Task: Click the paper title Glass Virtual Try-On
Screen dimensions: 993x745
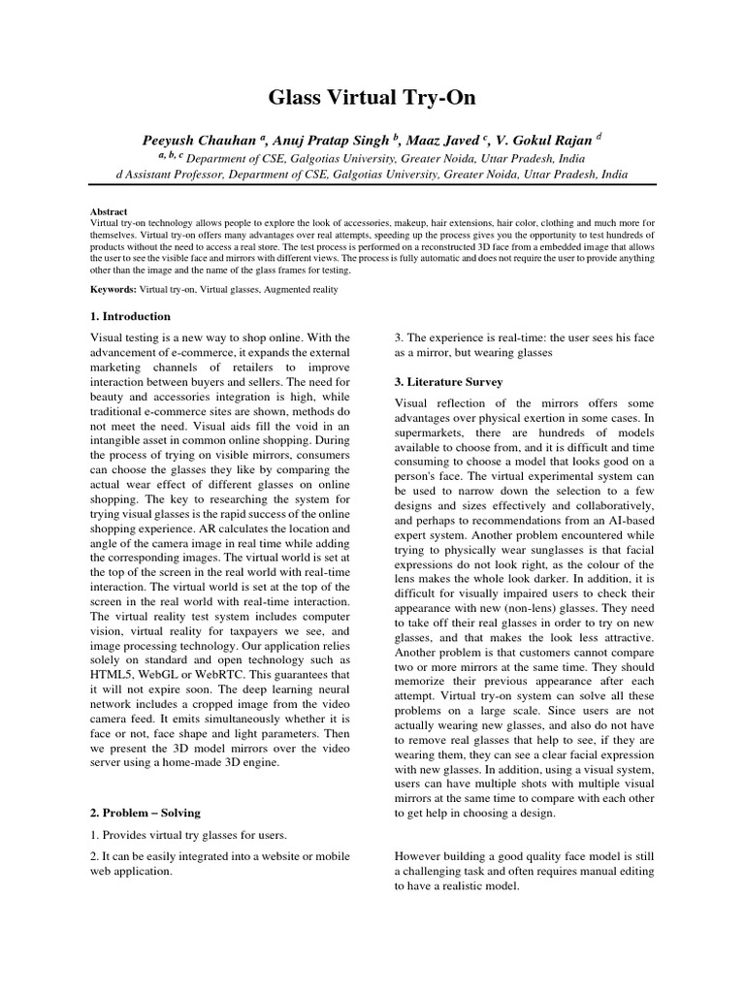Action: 372,97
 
